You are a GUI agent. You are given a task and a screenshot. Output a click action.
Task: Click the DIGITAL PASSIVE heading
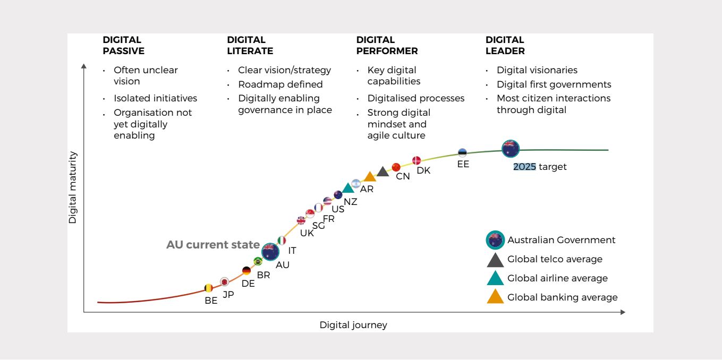[123, 46]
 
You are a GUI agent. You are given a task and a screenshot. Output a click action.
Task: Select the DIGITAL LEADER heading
[505, 46]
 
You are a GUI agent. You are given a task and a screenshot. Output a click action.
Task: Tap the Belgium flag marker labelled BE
[209, 288]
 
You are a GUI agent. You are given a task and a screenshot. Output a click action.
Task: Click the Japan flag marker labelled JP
[225, 282]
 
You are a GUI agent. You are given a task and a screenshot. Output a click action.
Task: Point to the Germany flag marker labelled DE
[246, 271]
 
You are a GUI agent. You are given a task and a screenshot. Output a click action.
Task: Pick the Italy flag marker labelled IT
[282, 241]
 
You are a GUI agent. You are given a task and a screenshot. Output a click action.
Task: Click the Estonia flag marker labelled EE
[462, 152]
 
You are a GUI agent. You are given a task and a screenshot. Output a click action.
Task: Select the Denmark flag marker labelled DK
[417, 160]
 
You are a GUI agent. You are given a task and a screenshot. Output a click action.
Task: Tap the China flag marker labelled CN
[396, 167]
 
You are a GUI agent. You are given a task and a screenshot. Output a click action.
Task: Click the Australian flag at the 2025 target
[511, 149]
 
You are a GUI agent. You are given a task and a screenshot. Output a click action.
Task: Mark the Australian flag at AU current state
[270, 251]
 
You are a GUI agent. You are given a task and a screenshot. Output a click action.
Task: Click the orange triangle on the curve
[370, 177]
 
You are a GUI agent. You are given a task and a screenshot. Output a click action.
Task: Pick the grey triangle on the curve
[383, 172]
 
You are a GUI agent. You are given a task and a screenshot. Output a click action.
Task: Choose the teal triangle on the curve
[348, 188]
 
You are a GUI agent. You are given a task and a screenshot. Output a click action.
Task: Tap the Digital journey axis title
[353, 325]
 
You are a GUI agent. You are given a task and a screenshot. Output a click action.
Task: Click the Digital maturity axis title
[73, 187]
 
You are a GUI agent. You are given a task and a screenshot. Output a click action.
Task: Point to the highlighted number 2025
[524, 167]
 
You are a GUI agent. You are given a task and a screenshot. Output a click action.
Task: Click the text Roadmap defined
[280, 84]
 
